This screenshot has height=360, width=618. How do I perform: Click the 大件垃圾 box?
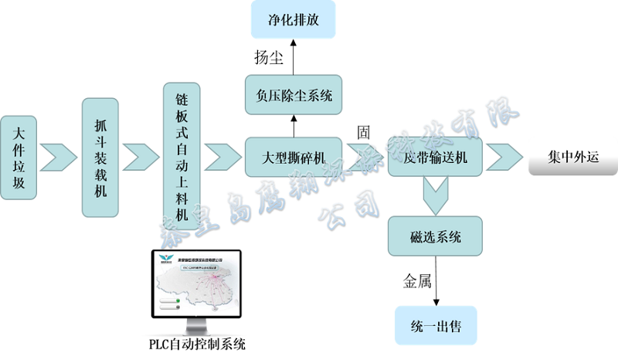tap(20, 158)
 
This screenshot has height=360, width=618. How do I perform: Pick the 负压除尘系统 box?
tap(293, 96)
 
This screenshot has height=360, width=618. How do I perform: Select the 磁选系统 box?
tap(436, 236)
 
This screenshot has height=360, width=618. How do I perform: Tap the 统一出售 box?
tap(436, 327)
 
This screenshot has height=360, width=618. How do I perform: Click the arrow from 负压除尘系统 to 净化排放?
tap(294, 55)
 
